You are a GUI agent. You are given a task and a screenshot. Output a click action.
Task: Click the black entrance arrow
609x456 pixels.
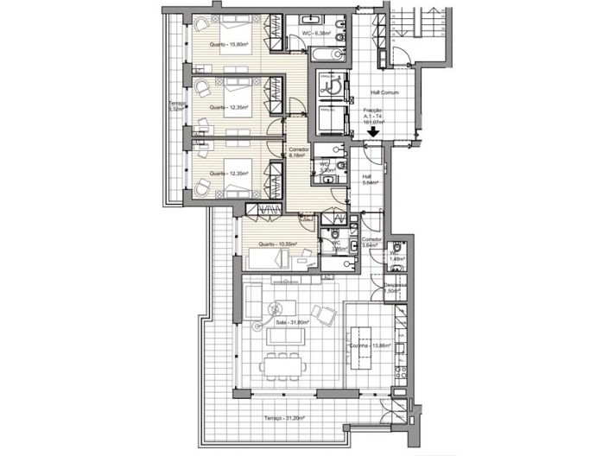[x=372, y=134]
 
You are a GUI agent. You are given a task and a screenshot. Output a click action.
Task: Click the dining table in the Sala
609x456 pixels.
[x=282, y=362]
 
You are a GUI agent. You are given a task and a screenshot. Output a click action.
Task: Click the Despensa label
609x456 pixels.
[x=396, y=288]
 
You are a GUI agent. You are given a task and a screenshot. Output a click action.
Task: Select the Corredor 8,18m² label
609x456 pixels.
[x=297, y=152]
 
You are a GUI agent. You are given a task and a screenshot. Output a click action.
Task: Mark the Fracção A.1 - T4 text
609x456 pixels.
[x=372, y=116]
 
